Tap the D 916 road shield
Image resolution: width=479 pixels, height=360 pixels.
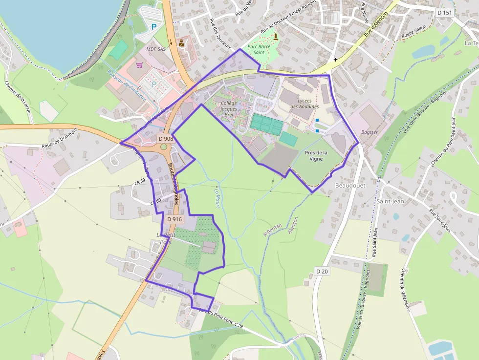click(174, 219)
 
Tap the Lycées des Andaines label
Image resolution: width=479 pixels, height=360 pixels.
click(305, 104)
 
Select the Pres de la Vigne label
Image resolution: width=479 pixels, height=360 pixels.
click(316, 156)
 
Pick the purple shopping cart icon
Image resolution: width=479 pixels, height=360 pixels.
click(139, 64)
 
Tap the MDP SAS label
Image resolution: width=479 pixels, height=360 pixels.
click(156, 50)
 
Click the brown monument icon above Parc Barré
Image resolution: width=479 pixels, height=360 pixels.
click(275, 37)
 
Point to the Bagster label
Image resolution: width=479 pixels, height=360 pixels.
click(369, 132)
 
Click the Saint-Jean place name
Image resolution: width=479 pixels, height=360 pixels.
click(390, 201)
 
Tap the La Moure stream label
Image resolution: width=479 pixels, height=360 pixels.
click(218, 197)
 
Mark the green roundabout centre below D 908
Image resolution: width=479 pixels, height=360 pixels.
click(163, 147)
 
